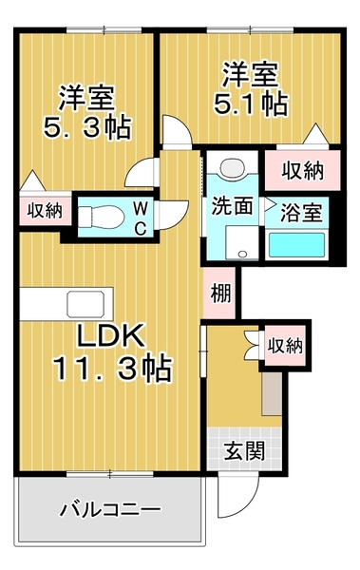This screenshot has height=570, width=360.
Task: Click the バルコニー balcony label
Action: tap(109, 509)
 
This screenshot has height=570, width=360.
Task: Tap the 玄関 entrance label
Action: tap(244, 449)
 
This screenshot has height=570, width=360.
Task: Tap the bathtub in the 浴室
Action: tap(299, 244)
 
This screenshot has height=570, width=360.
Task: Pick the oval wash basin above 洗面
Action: tap(230, 167)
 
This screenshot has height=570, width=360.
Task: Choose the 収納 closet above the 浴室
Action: tap(302, 170)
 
